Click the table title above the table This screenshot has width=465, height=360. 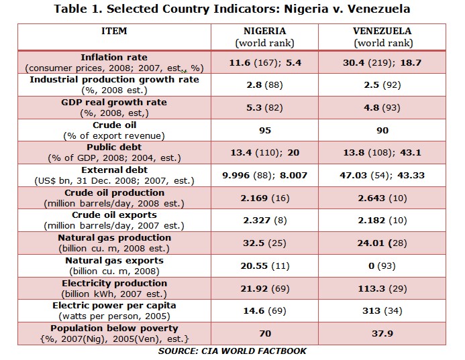[x=231, y=9]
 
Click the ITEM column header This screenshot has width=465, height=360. [x=114, y=32]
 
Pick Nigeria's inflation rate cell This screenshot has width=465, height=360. [x=264, y=62]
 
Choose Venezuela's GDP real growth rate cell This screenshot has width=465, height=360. [x=382, y=108]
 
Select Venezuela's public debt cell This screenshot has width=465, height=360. [x=382, y=153]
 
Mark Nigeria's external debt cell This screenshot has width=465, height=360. [x=264, y=176]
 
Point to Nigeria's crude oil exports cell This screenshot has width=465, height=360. [x=264, y=221]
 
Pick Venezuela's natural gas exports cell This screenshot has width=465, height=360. [x=382, y=266]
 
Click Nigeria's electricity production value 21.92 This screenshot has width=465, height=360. [x=255, y=289]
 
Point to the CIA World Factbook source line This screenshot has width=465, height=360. [x=232, y=351]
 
